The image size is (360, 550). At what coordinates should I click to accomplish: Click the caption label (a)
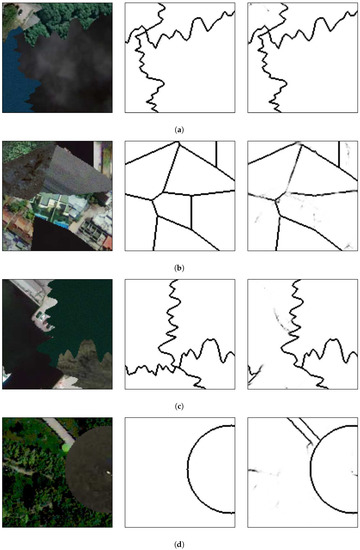(x=179, y=130)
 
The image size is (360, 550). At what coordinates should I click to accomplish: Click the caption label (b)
(x=179, y=268)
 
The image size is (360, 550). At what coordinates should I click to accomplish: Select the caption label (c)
(x=179, y=407)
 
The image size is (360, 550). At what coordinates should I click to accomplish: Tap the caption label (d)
(x=179, y=545)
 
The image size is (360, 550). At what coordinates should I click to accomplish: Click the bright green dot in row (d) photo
(x=66, y=448)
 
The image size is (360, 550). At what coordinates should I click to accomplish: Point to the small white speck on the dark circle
(x=108, y=472)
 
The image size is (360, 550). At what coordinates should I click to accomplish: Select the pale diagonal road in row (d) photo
(x=59, y=431)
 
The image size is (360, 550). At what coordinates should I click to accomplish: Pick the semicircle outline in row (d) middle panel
(x=188, y=469)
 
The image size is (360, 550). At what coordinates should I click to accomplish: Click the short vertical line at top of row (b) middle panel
(x=216, y=154)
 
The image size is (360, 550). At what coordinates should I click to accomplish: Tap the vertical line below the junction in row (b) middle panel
(x=191, y=212)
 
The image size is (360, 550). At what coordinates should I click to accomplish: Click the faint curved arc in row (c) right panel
(x=280, y=320)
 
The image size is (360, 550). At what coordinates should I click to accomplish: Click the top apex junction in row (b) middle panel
(x=179, y=142)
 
